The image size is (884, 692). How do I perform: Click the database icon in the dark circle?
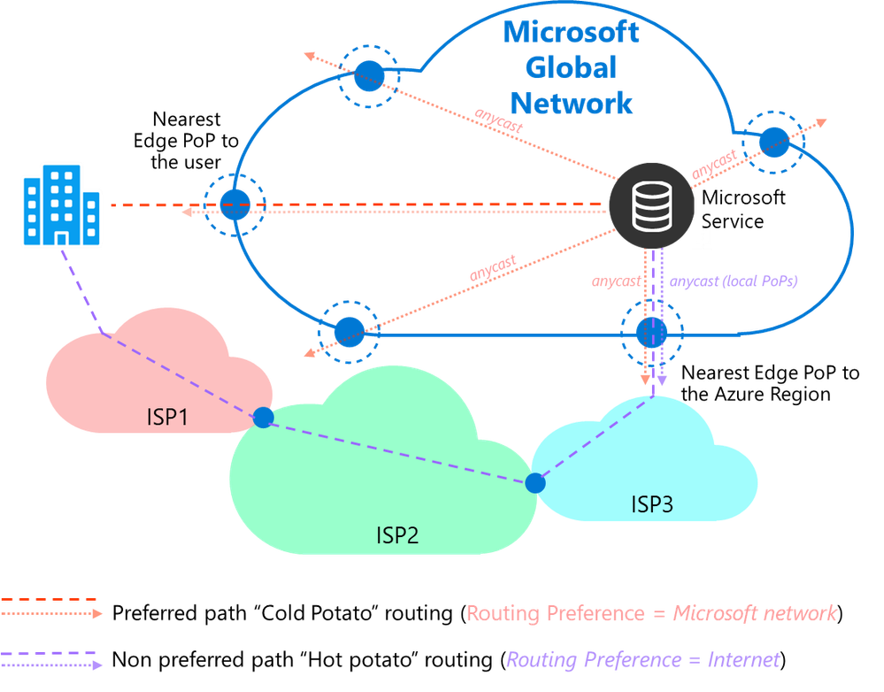(651, 205)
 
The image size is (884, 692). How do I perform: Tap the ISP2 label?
(397, 534)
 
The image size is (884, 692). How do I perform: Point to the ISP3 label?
(652, 504)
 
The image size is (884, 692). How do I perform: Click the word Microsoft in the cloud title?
(571, 33)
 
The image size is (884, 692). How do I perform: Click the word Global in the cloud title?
(571, 67)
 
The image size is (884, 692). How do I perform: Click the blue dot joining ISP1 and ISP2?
(263, 418)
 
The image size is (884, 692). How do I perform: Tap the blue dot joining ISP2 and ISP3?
(534, 482)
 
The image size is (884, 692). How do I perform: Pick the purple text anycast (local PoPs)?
(733, 281)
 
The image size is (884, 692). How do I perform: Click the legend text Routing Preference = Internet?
(642, 659)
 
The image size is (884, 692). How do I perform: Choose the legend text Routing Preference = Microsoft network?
(651, 612)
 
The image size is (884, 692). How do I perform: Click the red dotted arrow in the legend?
(51, 613)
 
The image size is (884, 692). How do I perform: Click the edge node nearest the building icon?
(234, 205)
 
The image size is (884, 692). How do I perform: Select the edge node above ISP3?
(652, 333)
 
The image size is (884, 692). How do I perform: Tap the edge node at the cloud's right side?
(774, 140)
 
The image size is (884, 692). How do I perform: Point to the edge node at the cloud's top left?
(368, 76)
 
